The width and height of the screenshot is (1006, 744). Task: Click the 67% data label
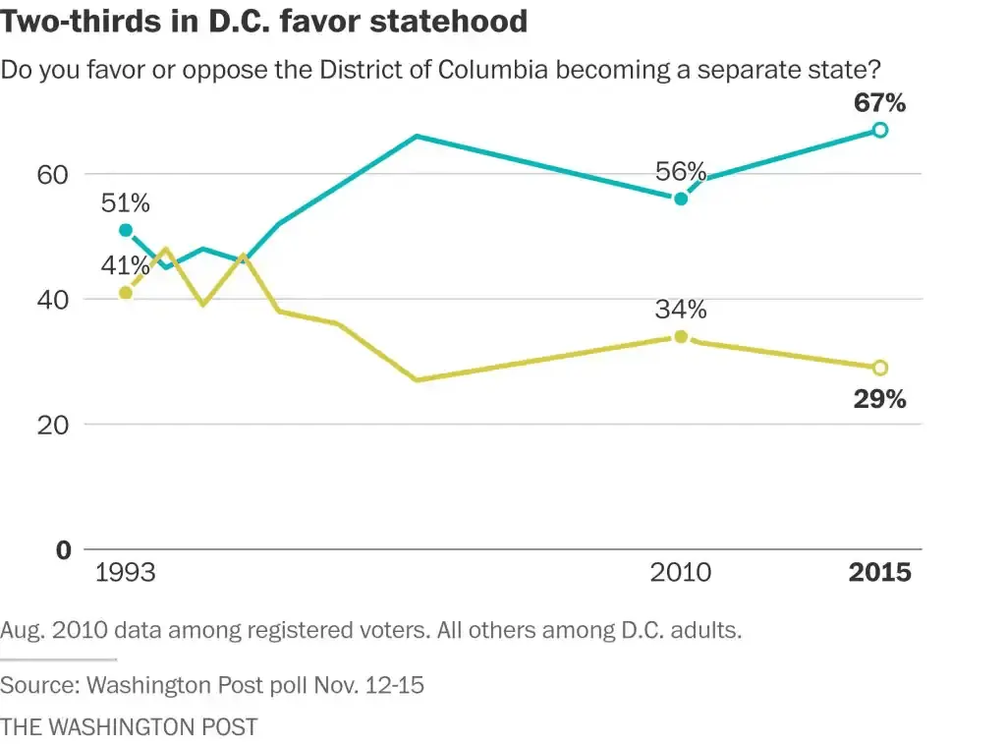(880, 103)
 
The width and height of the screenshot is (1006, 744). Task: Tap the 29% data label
(880, 399)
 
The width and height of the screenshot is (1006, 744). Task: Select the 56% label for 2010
(682, 172)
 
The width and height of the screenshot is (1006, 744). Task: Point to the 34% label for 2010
(682, 310)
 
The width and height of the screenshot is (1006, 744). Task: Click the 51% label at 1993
(125, 203)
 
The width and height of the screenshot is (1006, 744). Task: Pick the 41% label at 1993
(125, 265)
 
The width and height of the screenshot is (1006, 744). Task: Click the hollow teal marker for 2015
(880, 130)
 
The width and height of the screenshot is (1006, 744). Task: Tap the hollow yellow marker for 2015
(880, 368)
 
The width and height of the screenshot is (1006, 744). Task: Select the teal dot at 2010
(681, 199)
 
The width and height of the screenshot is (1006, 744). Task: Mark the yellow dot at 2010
(681, 336)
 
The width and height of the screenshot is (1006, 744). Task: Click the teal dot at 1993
(125, 230)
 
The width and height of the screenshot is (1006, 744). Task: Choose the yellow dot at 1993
(125, 292)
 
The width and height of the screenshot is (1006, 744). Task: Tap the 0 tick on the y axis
(63, 550)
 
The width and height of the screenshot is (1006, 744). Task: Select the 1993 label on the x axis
(125, 572)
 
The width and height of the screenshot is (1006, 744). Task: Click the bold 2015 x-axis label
(879, 572)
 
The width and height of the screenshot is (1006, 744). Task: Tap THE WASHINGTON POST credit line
(129, 727)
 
